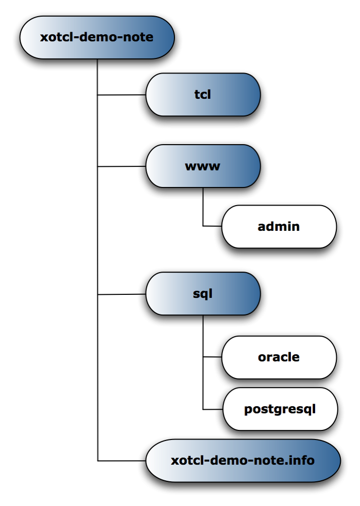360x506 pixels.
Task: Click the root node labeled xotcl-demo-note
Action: click(97, 38)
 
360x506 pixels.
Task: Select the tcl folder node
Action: click(203, 95)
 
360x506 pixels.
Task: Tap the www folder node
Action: click(203, 166)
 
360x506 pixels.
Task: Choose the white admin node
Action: click(279, 227)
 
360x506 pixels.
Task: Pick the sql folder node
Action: click(203, 294)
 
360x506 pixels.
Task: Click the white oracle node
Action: click(279, 357)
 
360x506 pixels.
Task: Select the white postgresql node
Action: click(280, 409)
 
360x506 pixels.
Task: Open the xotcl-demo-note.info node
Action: click(243, 461)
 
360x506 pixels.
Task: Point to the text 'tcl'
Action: click(203, 95)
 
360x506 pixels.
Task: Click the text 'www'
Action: click(203, 166)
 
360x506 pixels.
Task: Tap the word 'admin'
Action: click(279, 227)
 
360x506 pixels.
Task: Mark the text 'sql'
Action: click(203, 294)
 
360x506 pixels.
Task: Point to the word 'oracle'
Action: click(279, 357)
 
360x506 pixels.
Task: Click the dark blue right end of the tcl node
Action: click(250, 95)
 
